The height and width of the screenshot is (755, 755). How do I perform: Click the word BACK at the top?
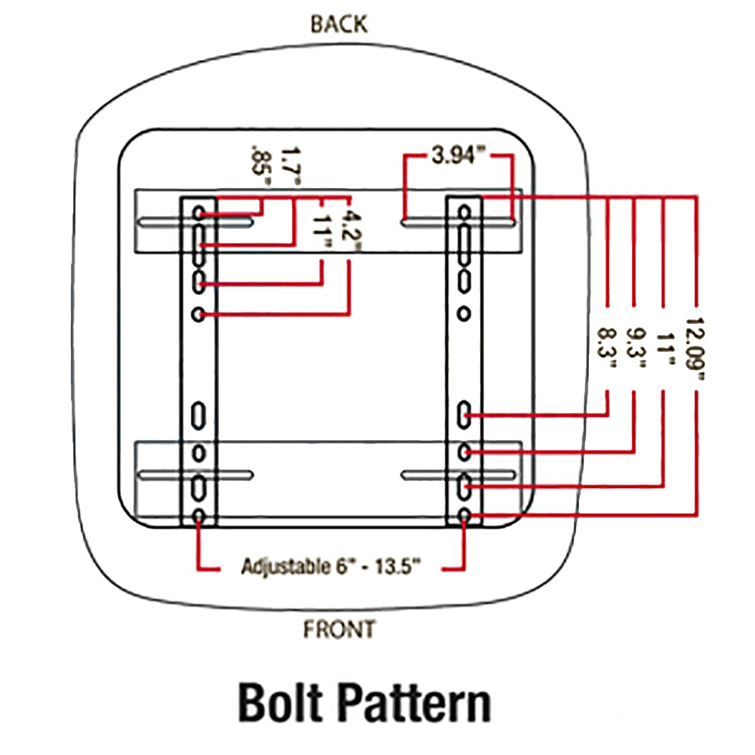(x=339, y=23)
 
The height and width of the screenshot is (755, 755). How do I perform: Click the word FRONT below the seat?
(x=339, y=628)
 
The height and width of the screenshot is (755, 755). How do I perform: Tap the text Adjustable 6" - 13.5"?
(x=331, y=566)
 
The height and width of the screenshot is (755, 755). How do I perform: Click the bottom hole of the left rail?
(x=199, y=517)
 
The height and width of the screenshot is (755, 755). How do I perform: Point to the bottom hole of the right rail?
(x=465, y=517)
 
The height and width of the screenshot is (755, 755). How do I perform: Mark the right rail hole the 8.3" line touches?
(x=465, y=414)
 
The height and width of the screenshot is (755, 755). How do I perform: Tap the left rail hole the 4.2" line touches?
(x=199, y=313)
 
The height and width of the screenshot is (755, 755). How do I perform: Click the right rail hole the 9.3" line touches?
(x=465, y=451)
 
